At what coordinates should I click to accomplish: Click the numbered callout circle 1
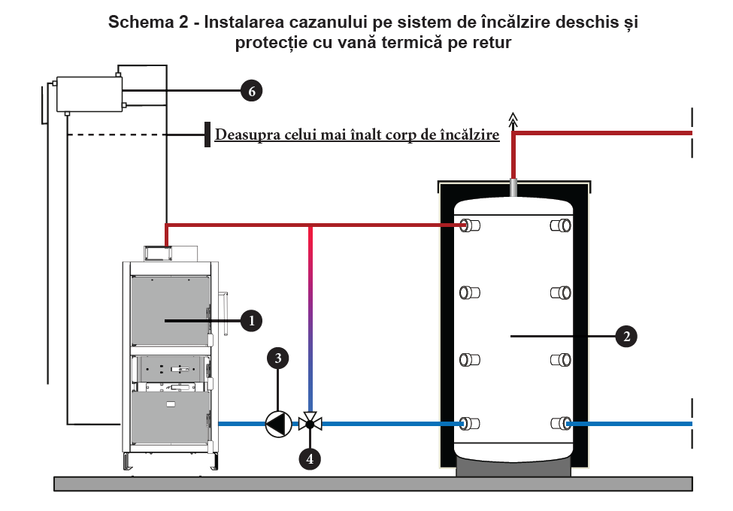pos(251,321)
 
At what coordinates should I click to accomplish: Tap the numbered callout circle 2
pos(625,336)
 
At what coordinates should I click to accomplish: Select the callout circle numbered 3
pos(278,358)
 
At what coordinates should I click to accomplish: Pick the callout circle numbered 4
pos(309,458)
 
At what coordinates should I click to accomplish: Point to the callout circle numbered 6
pos(252,91)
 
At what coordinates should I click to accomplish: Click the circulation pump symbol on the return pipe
pos(277,425)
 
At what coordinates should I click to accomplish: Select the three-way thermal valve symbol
pos(310,424)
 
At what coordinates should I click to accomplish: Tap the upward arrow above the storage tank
pos(513,118)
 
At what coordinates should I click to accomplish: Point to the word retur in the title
pos(493,43)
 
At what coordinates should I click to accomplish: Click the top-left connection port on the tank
pos(472,225)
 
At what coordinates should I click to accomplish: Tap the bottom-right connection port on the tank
pos(561,424)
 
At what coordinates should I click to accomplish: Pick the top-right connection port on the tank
pos(561,225)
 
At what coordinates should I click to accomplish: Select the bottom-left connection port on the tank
pos(472,424)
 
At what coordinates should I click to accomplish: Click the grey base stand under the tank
pos(514,467)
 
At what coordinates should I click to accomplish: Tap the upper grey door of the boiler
pos(168,313)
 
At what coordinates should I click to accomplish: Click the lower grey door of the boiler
pos(168,421)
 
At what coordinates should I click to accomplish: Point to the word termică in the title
pos(395,43)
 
